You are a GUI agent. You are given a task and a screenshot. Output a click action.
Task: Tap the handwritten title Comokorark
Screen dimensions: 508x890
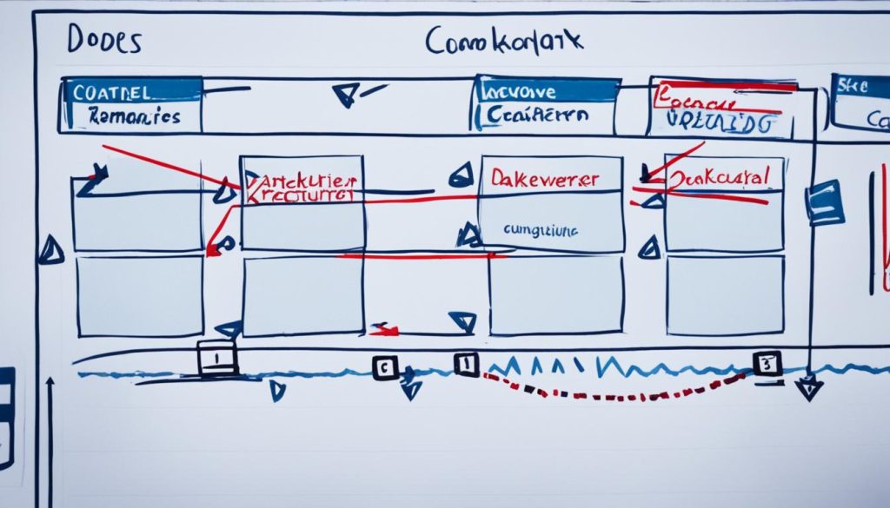(505, 41)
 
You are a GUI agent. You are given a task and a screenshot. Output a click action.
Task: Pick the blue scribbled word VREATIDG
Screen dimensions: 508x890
(721, 122)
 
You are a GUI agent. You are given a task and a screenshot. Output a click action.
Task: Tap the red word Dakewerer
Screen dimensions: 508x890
(544, 178)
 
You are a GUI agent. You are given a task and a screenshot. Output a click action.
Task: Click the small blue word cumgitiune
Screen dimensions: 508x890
(540, 230)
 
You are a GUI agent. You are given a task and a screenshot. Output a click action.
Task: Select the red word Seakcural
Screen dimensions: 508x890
(721, 177)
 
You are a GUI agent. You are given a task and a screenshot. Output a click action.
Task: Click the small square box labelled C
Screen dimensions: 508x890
(385, 368)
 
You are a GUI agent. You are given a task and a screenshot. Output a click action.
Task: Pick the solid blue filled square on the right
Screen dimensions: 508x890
(824, 201)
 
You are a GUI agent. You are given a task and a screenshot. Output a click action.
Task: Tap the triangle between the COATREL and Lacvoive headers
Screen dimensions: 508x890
(347, 93)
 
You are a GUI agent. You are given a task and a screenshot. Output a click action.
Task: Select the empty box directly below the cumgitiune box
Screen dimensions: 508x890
(555, 294)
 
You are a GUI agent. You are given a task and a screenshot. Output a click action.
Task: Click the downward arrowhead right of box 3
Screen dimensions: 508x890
(808, 387)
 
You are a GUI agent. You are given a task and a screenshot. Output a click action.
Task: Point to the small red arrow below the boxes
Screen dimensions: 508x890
(383, 329)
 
